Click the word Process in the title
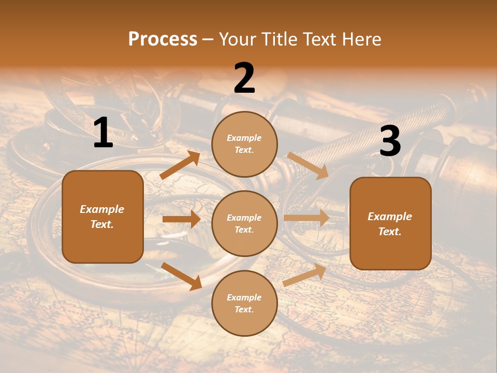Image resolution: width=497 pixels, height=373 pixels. [x=163, y=39]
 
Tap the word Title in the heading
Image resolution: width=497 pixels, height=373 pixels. [x=279, y=39]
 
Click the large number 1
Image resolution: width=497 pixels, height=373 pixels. [x=103, y=133]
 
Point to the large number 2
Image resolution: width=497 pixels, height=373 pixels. [x=244, y=78]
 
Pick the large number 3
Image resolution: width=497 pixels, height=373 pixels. [x=390, y=141]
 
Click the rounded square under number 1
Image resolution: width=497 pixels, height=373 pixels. [x=103, y=217]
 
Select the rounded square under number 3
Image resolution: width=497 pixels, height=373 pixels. [x=390, y=223]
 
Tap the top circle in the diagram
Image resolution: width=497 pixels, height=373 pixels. [x=244, y=144]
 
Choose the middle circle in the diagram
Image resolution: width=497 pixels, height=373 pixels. [x=244, y=223]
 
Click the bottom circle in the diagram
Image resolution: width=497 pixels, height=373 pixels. [x=244, y=303]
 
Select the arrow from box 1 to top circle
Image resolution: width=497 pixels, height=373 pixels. [x=180, y=165]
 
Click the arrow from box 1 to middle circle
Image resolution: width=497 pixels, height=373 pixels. [x=181, y=219]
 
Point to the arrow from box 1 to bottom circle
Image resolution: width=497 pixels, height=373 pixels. [x=182, y=276]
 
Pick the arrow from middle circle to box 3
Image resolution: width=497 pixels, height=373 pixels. [x=306, y=218]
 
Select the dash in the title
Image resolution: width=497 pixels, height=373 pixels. [x=208, y=40]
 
